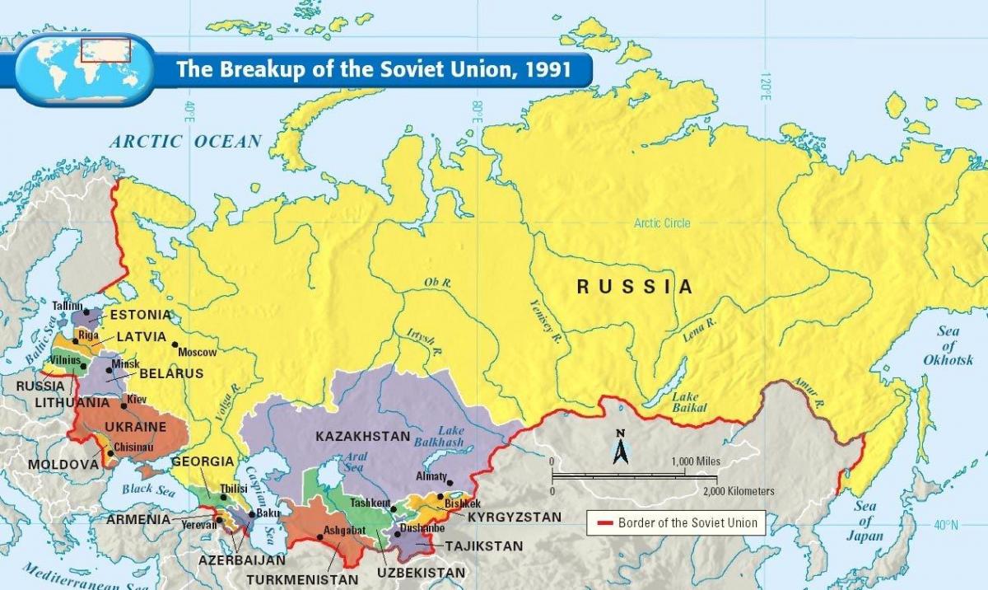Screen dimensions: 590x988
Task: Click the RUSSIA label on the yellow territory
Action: point(634,287)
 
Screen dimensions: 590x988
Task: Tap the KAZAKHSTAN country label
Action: point(363,436)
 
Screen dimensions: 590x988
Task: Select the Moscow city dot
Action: point(175,344)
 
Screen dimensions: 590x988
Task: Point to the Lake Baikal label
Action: point(684,403)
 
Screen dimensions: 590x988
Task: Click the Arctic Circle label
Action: point(662,223)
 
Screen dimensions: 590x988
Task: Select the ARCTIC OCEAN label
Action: point(186,142)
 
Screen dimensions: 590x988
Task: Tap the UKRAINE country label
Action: point(138,427)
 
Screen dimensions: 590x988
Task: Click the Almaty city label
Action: point(432,476)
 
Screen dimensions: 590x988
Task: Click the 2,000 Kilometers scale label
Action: point(739,491)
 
